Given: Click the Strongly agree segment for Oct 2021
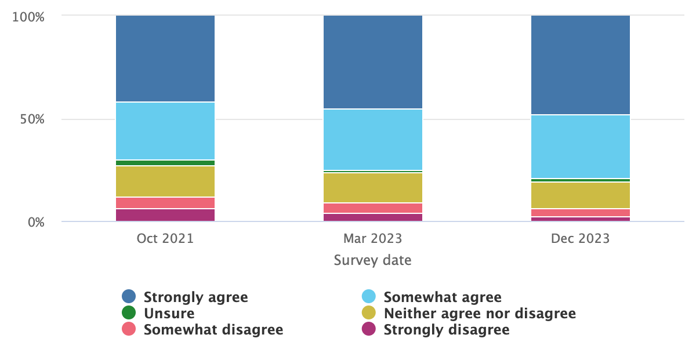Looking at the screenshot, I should [165, 59].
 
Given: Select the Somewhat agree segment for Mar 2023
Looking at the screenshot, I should [373, 140].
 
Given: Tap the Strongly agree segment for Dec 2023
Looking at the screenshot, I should [581, 65].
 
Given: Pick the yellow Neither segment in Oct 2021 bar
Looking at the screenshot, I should [165, 181].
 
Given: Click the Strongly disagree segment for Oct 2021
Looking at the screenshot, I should [165, 215].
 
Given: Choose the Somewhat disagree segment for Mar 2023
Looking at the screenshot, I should [373, 208].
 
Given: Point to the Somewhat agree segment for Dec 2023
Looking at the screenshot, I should [581, 147].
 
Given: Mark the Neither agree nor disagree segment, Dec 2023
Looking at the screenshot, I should [581, 195].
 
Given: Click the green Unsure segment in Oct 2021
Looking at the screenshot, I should [165, 163].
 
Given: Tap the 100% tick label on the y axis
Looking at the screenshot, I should [28, 17].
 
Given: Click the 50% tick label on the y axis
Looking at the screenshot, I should [32, 119].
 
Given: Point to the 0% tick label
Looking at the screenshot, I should [36, 222].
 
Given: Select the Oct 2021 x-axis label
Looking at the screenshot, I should [165, 239].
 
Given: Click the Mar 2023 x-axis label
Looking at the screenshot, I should [372, 239].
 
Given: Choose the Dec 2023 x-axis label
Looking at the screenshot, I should [581, 239].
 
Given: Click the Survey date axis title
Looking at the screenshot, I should [373, 260].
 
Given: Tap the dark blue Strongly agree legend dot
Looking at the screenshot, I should [129, 297].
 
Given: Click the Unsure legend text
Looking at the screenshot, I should [169, 314].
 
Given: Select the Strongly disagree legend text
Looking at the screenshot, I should [446, 330].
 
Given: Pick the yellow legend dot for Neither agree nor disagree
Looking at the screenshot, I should [369, 314].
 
